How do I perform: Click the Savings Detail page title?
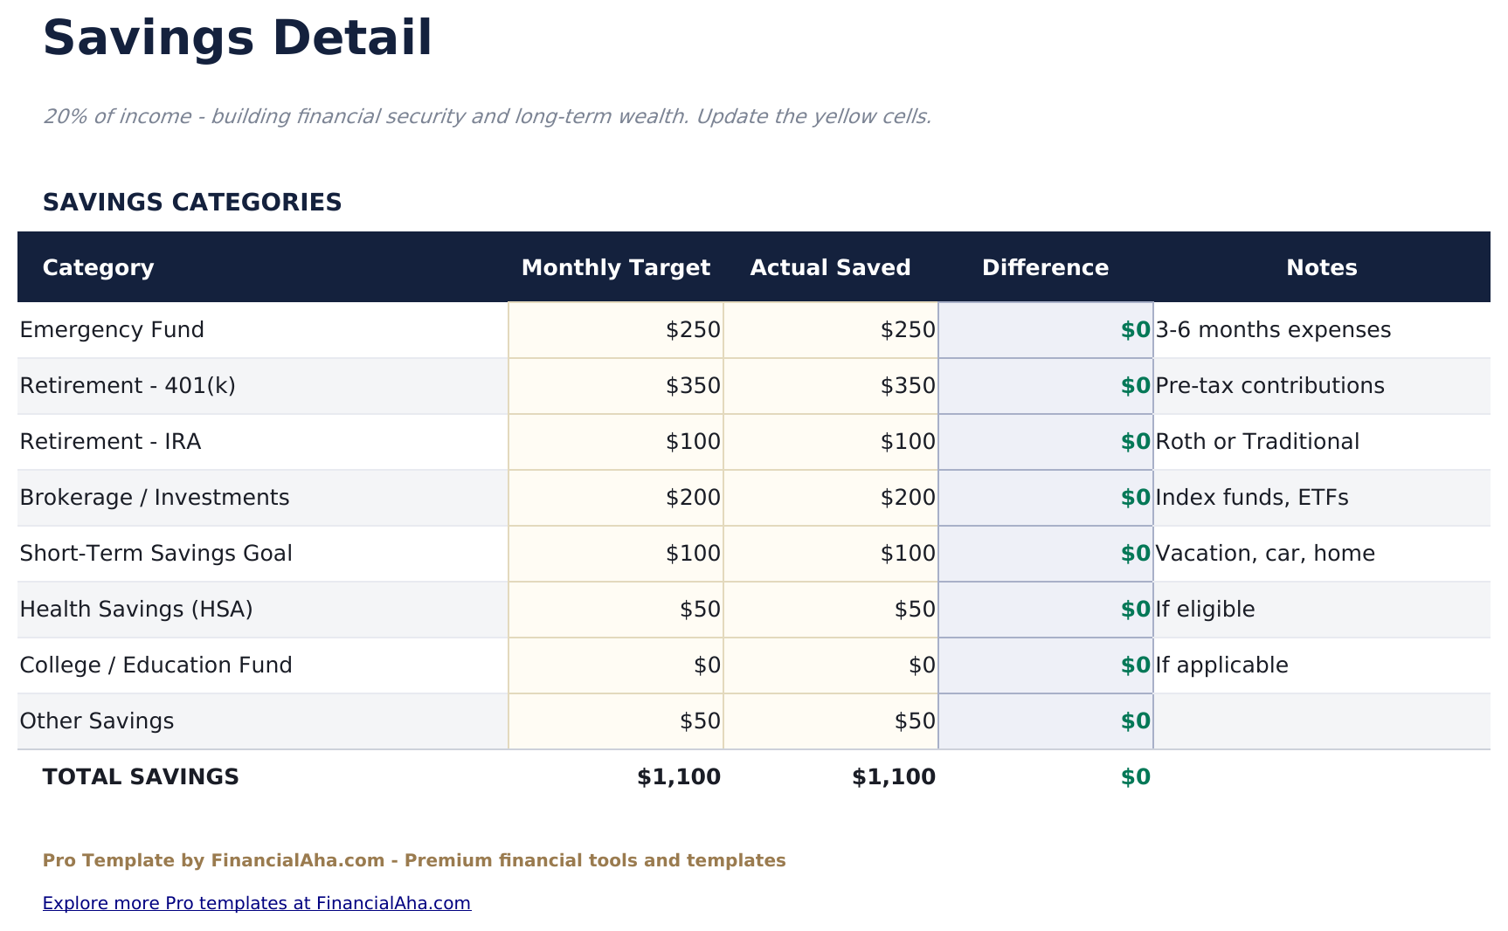(237, 39)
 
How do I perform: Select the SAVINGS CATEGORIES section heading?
(192, 203)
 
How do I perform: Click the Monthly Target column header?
(615, 267)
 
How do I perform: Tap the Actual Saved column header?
(830, 267)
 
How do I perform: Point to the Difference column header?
(1045, 267)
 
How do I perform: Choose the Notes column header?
(1321, 267)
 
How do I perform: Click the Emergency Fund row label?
(112, 330)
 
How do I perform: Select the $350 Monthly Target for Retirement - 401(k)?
(693, 386)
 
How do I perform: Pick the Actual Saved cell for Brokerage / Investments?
(908, 498)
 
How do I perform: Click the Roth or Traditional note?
(1256, 442)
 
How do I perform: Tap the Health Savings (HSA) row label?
(136, 610)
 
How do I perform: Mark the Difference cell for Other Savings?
(1135, 721)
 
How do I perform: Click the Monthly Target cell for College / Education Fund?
(707, 665)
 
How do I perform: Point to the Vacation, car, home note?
(1264, 554)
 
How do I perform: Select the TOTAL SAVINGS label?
(141, 777)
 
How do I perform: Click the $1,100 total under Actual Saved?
(893, 777)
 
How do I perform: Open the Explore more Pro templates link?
(257, 903)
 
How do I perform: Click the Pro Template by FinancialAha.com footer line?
(414, 860)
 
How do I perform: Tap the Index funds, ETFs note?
(1251, 498)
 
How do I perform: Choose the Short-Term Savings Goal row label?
(156, 554)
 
